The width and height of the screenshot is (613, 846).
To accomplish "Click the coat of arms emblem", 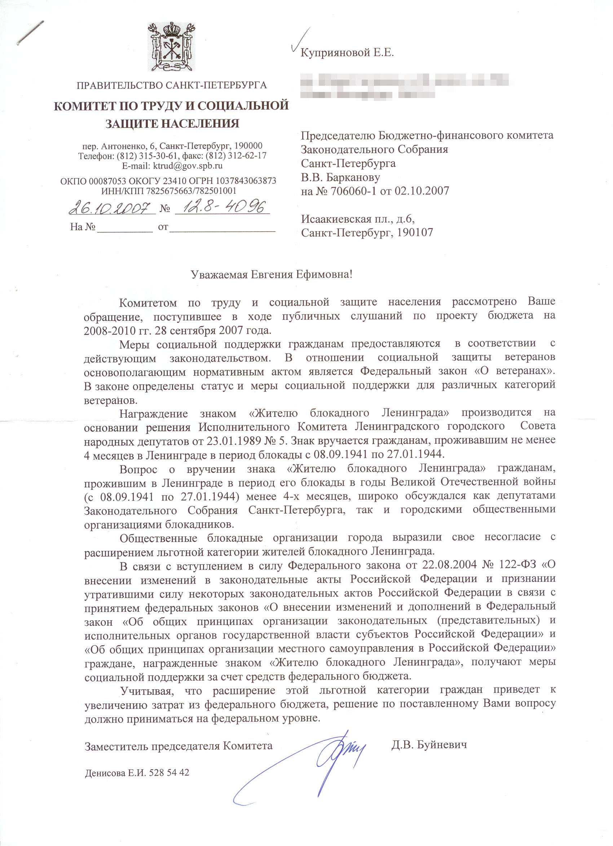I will [171, 47].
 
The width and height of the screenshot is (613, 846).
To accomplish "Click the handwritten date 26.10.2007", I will [110, 207].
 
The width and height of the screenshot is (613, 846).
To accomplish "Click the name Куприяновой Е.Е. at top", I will [347, 53].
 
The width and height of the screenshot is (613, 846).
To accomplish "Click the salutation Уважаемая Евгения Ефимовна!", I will [271, 275].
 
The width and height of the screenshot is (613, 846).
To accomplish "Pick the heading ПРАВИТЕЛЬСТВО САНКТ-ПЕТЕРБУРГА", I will [172, 85].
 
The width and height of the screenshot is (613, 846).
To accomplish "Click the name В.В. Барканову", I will [340, 177].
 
